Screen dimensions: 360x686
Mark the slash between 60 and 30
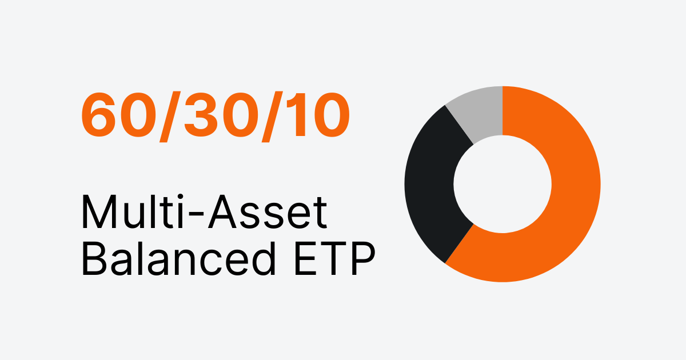click(x=166, y=117)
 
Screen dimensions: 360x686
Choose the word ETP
click(x=332, y=260)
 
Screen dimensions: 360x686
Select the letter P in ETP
click(x=361, y=260)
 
